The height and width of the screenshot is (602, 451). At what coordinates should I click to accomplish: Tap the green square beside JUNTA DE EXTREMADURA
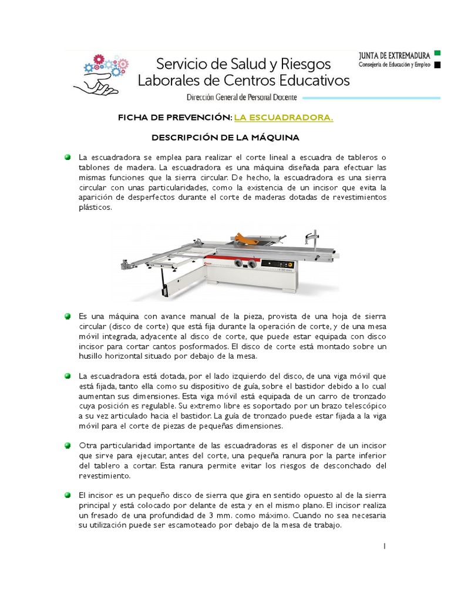(436, 53)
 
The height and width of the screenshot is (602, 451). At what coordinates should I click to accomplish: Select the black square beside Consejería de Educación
(436, 65)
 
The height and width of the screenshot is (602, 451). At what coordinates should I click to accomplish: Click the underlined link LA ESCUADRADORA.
(284, 118)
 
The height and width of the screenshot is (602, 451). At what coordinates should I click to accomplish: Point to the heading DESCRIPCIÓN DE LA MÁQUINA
(225, 138)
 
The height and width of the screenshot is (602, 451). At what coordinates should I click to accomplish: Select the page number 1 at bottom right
(384, 546)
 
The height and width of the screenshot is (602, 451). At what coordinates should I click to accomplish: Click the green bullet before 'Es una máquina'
(68, 316)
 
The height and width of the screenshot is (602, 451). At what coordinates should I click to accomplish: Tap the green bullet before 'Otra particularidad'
(68, 445)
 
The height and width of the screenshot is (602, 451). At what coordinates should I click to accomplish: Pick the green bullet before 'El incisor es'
(68, 495)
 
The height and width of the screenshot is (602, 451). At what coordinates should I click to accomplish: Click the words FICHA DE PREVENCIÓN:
(174, 118)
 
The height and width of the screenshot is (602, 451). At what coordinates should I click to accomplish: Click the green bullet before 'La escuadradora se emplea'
(68, 158)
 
